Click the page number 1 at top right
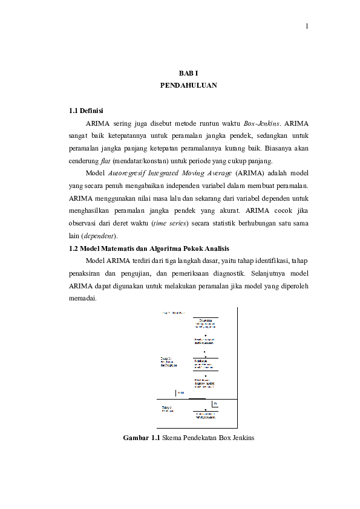point(307,26)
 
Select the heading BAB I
point(188,73)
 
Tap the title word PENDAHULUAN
point(188,86)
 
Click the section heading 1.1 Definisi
point(86,111)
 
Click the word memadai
point(82,299)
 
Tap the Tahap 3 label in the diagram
point(167,407)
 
